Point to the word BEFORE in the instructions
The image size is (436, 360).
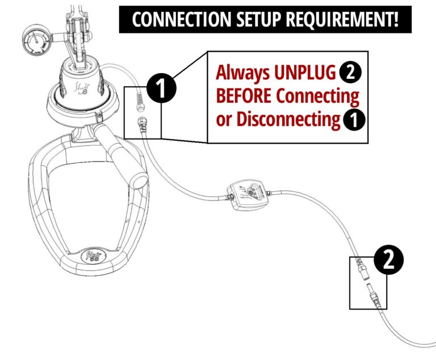[x=245, y=97]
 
